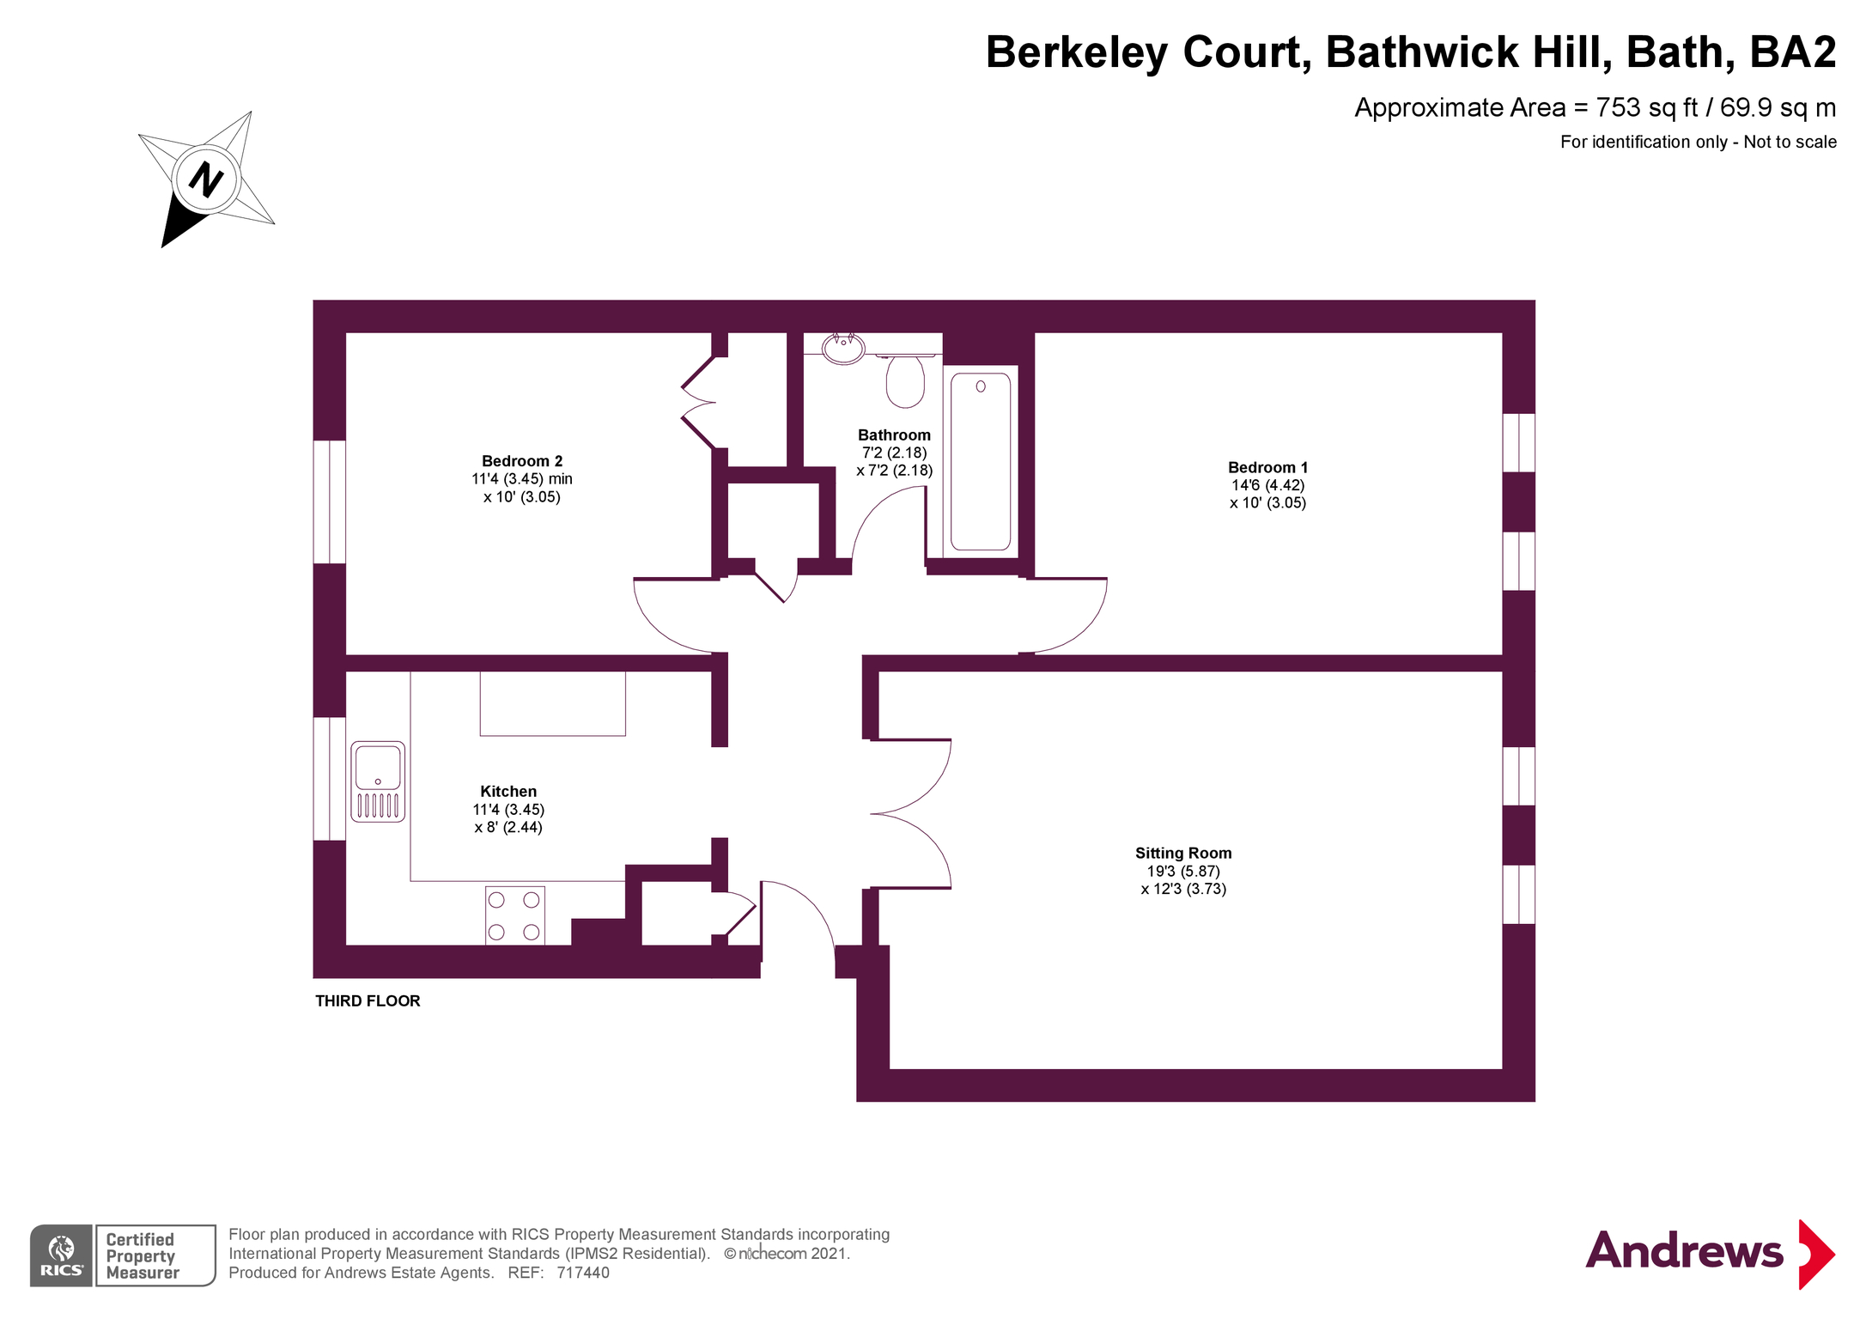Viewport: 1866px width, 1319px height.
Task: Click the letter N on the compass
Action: pyautogui.click(x=206, y=179)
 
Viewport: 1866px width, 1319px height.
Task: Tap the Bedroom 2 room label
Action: pyautogui.click(x=522, y=461)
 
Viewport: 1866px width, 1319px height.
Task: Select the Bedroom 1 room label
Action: pyautogui.click(x=1267, y=467)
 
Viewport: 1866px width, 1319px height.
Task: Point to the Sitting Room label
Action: pyautogui.click(x=1183, y=853)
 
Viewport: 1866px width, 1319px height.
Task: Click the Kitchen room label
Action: pyautogui.click(x=508, y=791)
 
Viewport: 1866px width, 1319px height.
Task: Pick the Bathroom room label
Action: pyautogui.click(x=894, y=435)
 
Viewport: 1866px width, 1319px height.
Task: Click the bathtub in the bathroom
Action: pyautogui.click(x=980, y=460)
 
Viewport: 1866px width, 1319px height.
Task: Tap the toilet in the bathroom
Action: pyautogui.click(x=905, y=380)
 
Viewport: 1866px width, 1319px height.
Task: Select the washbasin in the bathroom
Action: pyautogui.click(x=843, y=348)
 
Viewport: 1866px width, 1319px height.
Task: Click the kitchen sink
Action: pyautogui.click(x=378, y=781)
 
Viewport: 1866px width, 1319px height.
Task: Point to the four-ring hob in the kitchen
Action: pyautogui.click(x=514, y=915)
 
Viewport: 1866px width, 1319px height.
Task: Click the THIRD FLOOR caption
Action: pyautogui.click(x=368, y=1000)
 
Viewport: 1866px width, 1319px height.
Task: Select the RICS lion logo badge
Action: pyautogui.click(x=61, y=1255)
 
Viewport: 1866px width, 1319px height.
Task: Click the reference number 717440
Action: pyautogui.click(x=583, y=1273)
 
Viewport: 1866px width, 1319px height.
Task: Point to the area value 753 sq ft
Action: pyautogui.click(x=1647, y=107)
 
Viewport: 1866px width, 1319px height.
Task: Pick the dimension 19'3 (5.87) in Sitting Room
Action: pyautogui.click(x=1183, y=871)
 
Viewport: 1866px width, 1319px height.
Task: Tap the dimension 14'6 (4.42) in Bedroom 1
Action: pyautogui.click(x=1267, y=485)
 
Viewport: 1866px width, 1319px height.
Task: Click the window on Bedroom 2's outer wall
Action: pyautogui.click(x=330, y=501)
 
